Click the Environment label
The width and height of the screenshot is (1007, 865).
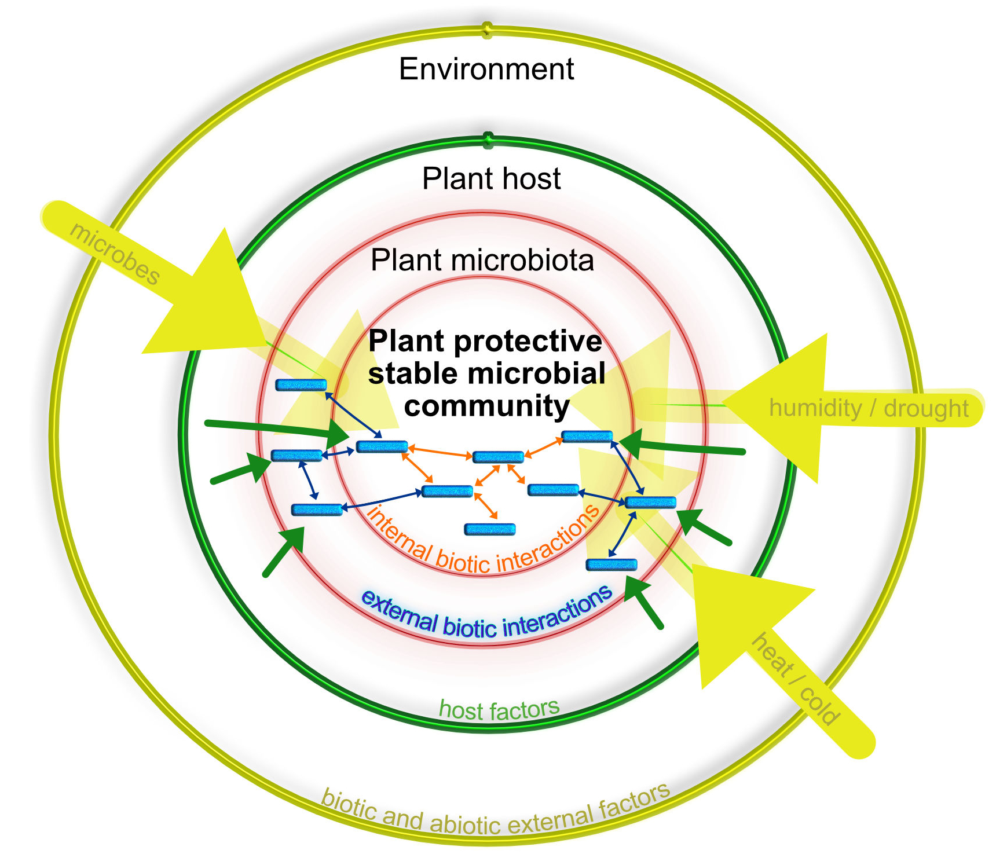(486, 69)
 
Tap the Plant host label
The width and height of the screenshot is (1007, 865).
(491, 178)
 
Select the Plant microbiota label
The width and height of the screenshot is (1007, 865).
(482, 260)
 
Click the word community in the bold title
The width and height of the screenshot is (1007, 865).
(486, 406)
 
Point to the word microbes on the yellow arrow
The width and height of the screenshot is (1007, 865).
(114, 254)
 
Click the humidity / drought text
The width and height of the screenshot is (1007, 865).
(868, 408)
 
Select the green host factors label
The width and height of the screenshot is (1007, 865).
(499, 709)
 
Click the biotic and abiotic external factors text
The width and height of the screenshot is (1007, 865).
(495, 813)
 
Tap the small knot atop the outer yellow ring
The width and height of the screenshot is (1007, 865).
(487, 29)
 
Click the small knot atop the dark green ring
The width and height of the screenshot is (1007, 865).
(488, 139)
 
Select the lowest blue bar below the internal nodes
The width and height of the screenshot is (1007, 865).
(490, 529)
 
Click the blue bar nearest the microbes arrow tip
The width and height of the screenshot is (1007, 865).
(301, 385)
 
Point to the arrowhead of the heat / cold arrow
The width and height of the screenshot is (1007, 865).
(741, 614)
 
